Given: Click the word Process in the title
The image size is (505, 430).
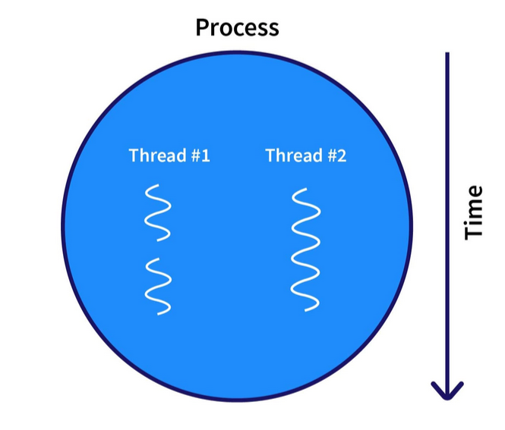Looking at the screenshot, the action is click(x=237, y=28).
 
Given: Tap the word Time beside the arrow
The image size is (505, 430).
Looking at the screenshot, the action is click(x=474, y=212).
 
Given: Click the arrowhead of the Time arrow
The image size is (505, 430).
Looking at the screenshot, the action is click(x=447, y=391).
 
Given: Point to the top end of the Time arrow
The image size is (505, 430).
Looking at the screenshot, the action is click(x=447, y=55).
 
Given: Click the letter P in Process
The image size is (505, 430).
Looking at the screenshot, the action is click(x=203, y=28).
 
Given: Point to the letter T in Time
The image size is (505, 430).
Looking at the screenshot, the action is click(x=474, y=232).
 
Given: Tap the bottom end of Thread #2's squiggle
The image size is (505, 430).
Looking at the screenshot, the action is click(x=307, y=310).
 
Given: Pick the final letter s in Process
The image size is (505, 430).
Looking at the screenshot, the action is click(x=273, y=29).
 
